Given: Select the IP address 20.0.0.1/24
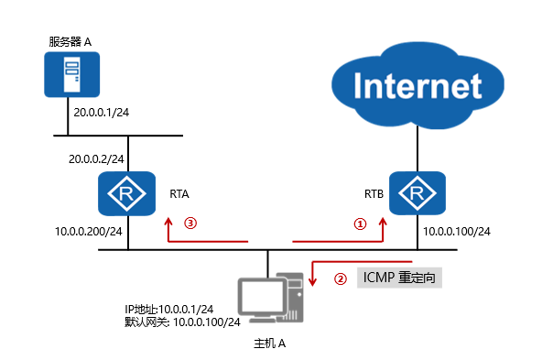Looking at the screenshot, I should (x=103, y=113).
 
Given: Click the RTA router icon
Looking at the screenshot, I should (x=128, y=193).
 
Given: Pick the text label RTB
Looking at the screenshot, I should (x=374, y=194).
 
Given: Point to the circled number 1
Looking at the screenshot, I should (x=360, y=223).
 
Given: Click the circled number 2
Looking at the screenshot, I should (x=339, y=278).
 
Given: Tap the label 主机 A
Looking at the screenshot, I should (x=270, y=344).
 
